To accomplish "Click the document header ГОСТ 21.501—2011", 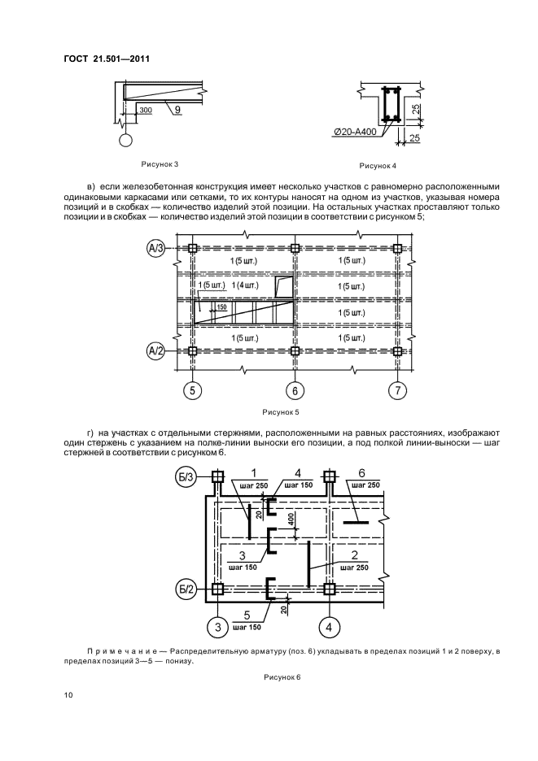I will (x=107, y=59).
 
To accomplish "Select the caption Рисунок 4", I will (x=377, y=166).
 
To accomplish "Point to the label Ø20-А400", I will (x=355, y=132).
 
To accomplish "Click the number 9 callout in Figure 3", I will (x=176, y=107).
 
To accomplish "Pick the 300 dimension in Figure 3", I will (x=146, y=109).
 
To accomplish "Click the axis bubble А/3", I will (x=155, y=248).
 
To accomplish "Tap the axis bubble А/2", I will (x=155, y=351).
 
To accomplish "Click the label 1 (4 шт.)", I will (x=245, y=285).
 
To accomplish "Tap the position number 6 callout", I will (x=361, y=472).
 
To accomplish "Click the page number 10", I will (x=68, y=695).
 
